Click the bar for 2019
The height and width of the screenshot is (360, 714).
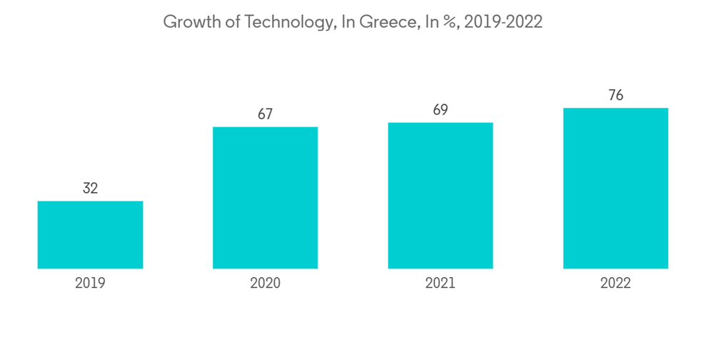click(90, 235)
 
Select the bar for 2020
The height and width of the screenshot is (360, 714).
click(265, 198)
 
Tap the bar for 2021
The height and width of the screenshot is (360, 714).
click(441, 196)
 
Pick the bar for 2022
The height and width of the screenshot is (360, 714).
click(615, 189)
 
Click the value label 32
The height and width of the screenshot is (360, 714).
click(90, 189)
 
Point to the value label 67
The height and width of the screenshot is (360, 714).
click(265, 114)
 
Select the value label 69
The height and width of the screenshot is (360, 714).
click(441, 110)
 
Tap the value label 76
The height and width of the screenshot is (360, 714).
click(615, 96)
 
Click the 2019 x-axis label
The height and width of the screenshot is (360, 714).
click(90, 284)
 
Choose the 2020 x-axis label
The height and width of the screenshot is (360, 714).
click(265, 284)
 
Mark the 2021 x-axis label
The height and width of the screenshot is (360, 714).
click(441, 284)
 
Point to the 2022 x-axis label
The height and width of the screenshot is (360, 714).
click(615, 284)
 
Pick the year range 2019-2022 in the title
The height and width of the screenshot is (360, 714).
click(504, 22)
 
